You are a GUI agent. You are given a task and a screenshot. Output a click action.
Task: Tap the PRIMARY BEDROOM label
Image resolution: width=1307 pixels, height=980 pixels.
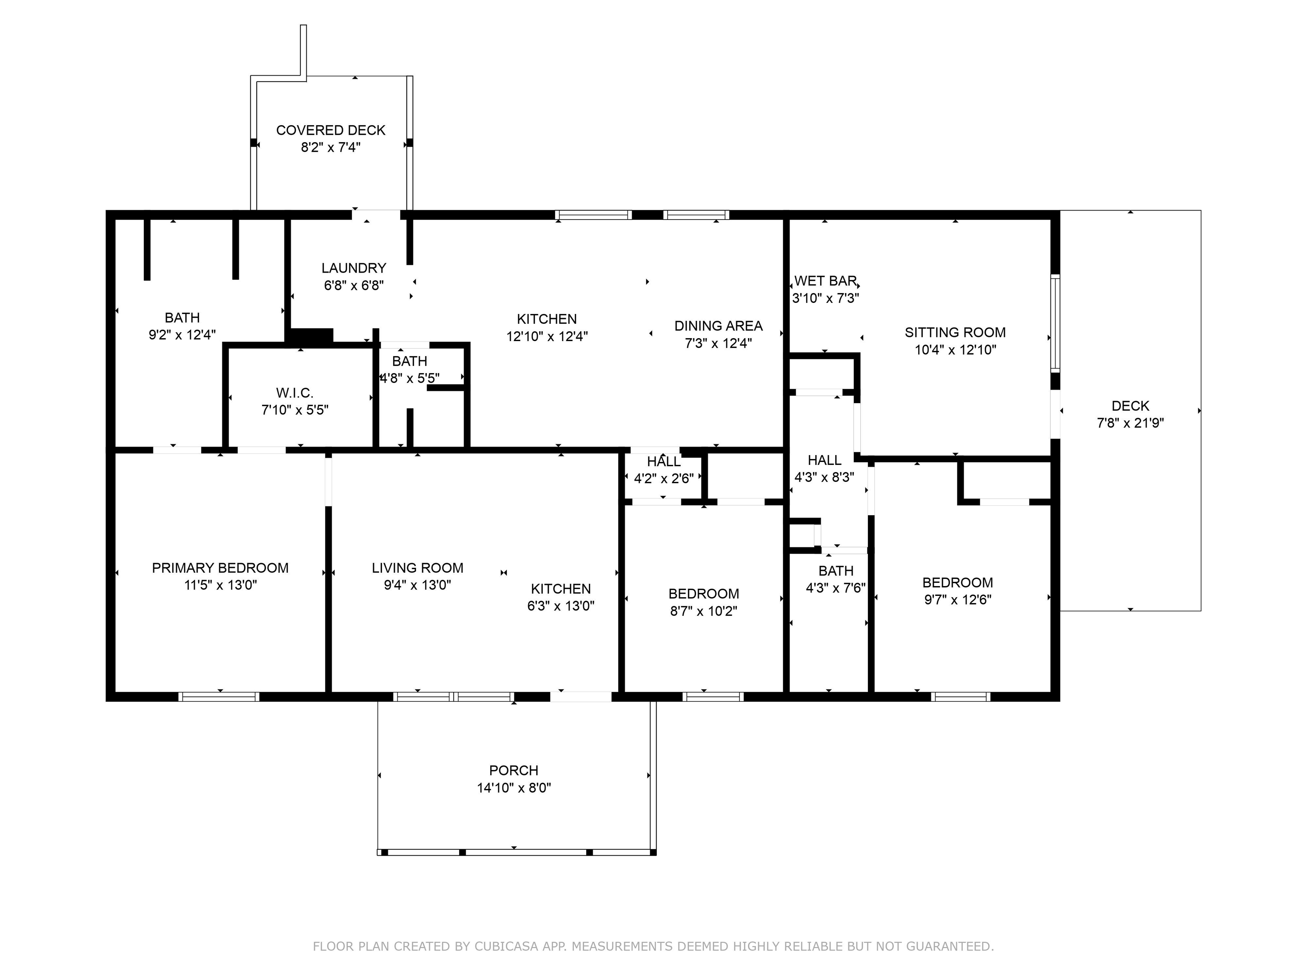click(x=220, y=568)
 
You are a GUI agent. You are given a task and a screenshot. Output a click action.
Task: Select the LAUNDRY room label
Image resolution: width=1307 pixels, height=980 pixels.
click(x=353, y=268)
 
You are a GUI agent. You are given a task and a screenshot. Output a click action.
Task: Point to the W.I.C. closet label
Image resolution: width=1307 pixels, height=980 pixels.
click(x=294, y=393)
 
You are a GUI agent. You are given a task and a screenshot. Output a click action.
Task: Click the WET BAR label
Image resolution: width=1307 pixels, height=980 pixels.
click(x=825, y=281)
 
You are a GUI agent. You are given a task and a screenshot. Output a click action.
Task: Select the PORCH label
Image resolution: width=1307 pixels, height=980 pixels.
click(x=514, y=770)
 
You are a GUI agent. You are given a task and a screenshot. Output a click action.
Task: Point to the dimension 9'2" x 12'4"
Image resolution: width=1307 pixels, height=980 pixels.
click(x=182, y=335)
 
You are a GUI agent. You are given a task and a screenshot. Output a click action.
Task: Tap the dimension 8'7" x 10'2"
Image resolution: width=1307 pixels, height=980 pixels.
click(x=703, y=611)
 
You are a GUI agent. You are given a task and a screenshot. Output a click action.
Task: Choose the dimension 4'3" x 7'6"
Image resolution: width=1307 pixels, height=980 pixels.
click(x=836, y=588)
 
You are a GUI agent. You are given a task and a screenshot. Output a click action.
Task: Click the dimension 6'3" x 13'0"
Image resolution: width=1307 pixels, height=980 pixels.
click(x=560, y=606)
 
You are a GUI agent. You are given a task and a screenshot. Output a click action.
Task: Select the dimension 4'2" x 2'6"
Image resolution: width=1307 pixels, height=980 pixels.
click(x=664, y=479)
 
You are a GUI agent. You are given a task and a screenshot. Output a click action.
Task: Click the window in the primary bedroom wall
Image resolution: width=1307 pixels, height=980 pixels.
click(x=219, y=696)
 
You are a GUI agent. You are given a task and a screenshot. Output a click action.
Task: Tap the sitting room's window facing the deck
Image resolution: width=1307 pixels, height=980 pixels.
click(x=1055, y=322)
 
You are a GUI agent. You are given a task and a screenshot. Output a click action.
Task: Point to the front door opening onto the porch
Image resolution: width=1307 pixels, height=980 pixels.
click(x=581, y=696)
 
